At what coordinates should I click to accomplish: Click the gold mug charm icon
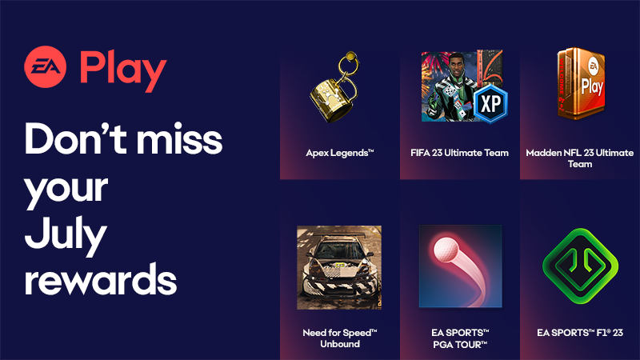click(x=335, y=96)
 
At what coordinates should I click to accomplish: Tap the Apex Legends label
click(x=339, y=153)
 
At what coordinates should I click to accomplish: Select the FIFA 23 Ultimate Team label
click(x=460, y=153)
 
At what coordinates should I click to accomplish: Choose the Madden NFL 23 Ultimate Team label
click(x=579, y=158)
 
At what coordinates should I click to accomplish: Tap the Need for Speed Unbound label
click(x=339, y=338)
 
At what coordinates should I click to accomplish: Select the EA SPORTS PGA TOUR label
click(x=460, y=338)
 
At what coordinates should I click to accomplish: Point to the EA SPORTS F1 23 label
click(x=579, y=332)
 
